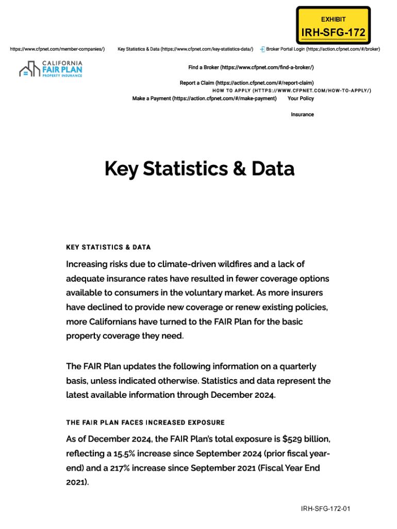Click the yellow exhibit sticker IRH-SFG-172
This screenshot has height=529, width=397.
[333, 25]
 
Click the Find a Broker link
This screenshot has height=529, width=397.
[251, 68]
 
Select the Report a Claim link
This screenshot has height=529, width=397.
[246, 83]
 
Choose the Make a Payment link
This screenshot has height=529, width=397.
[204, 98]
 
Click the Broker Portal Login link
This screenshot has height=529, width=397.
[323, 49]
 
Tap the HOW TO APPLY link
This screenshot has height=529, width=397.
[291, 90]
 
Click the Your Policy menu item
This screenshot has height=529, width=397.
[301, 98]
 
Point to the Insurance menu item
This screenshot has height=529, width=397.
[302, 114]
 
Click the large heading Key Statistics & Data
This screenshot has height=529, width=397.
[199, 169]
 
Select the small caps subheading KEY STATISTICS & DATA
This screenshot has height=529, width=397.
[108, 247]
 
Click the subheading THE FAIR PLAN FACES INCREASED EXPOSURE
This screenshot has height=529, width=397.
[145, 423]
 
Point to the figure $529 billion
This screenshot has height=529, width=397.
[306, 439]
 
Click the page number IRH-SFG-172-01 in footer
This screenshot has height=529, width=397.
[326, 509]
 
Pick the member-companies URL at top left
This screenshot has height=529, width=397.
[57, 49]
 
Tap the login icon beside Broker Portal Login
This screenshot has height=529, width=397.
[262, 49]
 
